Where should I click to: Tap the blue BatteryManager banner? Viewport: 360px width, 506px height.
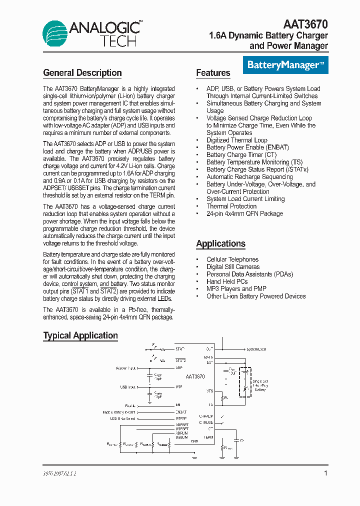[285, 65]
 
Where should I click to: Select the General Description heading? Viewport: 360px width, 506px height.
[82, 73]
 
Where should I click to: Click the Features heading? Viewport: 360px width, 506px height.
[213, 73]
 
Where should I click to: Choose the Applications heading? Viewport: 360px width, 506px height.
[220, 244]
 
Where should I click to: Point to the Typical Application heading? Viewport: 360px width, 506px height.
[80, 335]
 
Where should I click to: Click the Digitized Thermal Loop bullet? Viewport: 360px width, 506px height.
[236, 140]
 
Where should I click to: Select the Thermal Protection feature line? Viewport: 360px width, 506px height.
[231, 206]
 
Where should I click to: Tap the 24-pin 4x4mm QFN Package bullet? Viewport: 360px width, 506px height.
[244, 213]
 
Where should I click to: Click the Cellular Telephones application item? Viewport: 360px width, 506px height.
[232, 259]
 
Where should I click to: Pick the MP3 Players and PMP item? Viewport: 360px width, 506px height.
[236, 288]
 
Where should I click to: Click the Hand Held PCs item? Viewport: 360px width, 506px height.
[227, 281]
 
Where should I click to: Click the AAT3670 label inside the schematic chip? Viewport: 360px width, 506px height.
[195, 376]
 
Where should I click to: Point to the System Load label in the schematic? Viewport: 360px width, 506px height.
[256, 349]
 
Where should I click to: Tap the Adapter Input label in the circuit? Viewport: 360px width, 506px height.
[125, 368]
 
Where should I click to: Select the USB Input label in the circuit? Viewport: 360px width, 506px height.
[127, 386]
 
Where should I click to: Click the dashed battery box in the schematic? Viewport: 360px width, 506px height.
[245, 382]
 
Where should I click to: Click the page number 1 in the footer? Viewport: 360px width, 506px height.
[325, 473]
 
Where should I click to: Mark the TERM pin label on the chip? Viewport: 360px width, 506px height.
[208, 437]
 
